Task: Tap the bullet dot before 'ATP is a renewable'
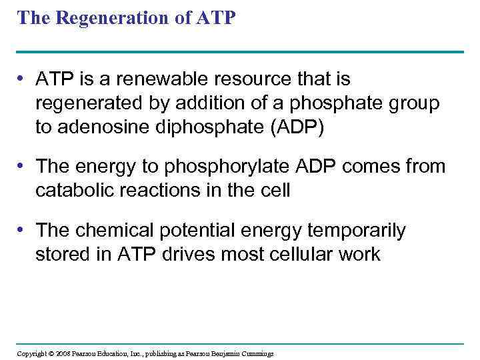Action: click(x=22, y=79)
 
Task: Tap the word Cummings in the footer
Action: click(x=257, y=353)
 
